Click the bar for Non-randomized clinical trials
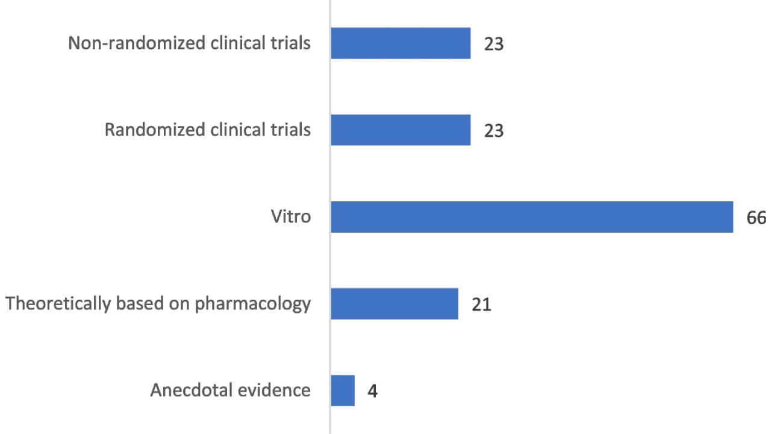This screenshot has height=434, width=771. coord(401,43)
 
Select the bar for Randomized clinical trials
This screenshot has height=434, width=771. coord(401,130)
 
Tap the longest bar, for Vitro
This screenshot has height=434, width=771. coord(531,217)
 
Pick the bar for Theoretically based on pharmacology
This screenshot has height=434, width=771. coord(395,304)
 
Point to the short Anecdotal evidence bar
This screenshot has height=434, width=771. coord(343,391)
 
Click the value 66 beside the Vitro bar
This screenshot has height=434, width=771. coord(756,218)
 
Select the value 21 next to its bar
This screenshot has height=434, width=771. coord(481,304)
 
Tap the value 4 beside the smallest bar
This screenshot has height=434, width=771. coord(372,391)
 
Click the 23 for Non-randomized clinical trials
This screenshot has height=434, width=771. coord(493,44)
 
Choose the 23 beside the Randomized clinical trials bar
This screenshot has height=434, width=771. coord(493,131)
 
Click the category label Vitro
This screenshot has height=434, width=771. coord(291,216)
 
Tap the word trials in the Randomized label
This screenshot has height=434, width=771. coord(291,130)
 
